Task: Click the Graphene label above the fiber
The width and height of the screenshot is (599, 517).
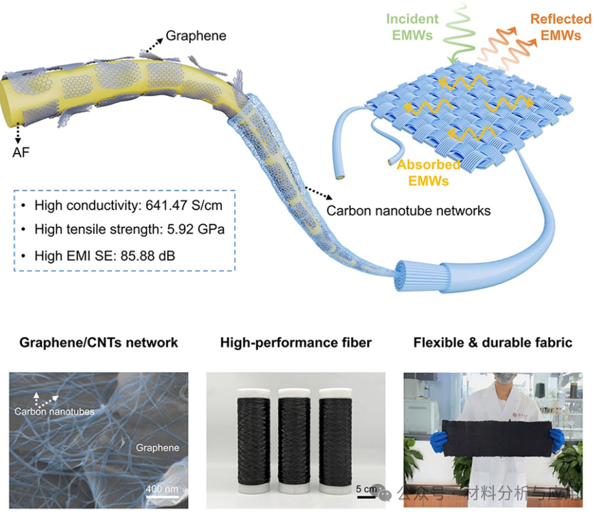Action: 196,35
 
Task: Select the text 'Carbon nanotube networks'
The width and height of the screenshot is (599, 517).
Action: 408,211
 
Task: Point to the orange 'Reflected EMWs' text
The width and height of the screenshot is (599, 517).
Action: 560,27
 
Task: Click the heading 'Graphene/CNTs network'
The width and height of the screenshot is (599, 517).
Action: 99,342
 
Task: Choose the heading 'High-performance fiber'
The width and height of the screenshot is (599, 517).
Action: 296,342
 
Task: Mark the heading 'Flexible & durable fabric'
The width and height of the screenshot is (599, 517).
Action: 493,342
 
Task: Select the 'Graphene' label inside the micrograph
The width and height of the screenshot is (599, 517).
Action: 157,447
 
